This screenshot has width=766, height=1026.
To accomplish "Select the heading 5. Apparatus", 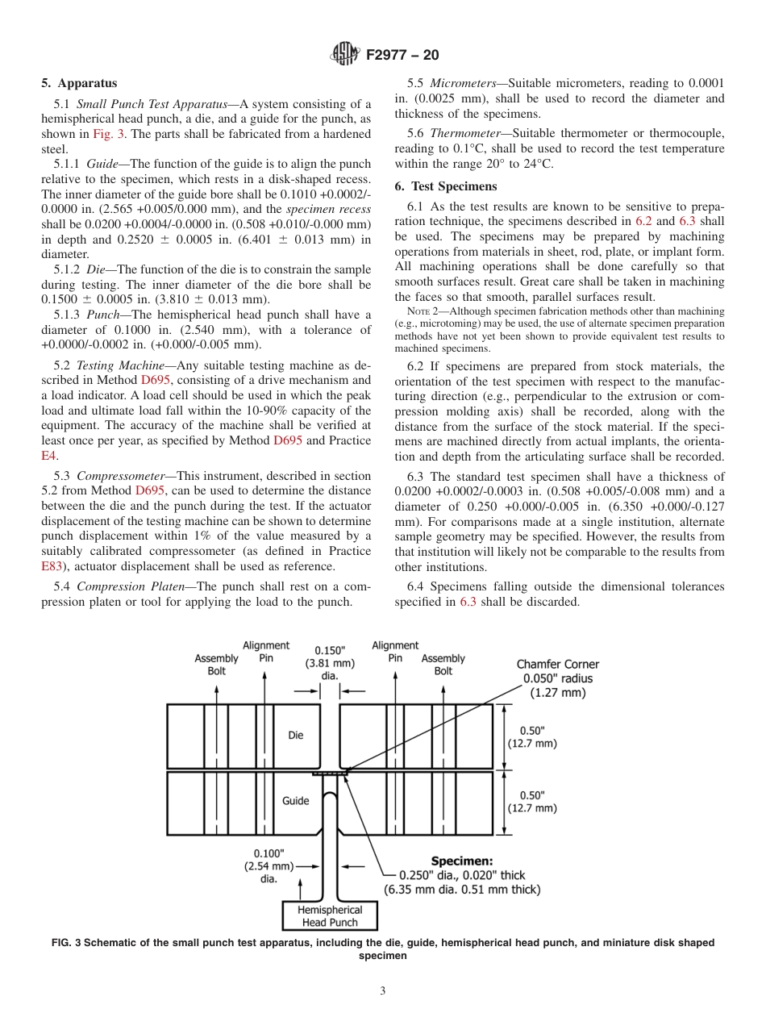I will coord(79,83).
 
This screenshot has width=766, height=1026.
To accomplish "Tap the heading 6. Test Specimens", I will coord(445,186).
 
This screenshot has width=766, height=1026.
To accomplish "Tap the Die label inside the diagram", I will coord(296,735).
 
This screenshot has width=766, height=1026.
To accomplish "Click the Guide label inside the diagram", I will coord(295,801).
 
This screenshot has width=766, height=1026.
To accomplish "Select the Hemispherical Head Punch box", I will coord(330,915).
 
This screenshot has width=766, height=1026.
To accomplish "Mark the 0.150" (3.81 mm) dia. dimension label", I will coord(330,662).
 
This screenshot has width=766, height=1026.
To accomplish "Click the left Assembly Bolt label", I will coord(216,664).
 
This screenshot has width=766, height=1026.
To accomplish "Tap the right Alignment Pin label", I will coord(395,652).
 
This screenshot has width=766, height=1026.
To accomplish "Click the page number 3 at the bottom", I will coord(383,991).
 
